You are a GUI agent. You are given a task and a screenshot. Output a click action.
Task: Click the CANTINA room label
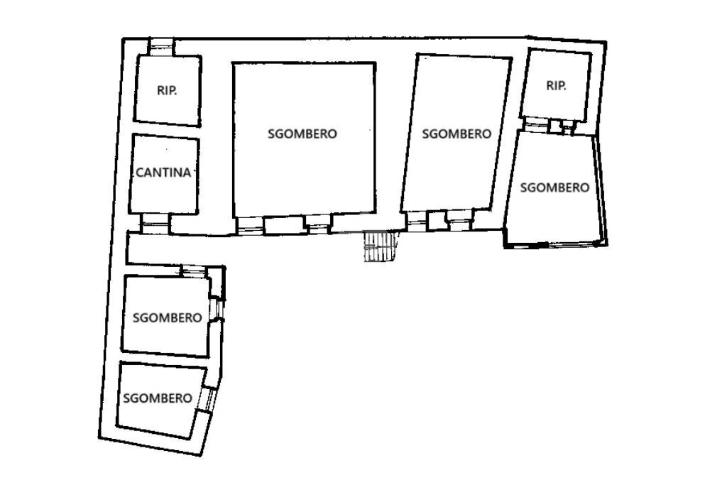[x=163, y=173]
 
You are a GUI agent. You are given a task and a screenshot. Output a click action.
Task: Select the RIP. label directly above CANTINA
[x=167, y=90]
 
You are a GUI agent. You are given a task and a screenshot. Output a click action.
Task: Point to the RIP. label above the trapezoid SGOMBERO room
[x=556, y=86]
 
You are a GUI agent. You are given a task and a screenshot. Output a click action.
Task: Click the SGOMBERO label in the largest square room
[x=302, y=133]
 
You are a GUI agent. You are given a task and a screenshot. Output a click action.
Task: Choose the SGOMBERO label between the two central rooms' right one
[x=457, y=133]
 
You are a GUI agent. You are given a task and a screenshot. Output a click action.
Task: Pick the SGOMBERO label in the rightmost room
[x=554, y=187]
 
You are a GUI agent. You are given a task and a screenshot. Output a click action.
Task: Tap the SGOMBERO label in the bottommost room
[x=158, y=398]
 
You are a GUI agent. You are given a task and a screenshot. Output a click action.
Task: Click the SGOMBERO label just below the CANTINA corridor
[x=168, y=317]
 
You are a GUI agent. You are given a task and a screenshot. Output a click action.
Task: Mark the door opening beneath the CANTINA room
[x=155, y=224]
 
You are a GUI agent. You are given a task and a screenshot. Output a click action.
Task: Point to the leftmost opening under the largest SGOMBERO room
[x=250, y=225]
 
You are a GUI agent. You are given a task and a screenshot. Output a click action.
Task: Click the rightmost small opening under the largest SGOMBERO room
[x=318, y=224]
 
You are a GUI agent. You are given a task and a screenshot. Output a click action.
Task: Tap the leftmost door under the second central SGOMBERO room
[x=417, y=221]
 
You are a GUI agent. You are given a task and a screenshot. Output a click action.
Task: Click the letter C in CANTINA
[x=139, y=173]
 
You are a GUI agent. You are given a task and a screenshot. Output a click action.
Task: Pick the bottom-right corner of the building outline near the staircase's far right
[x=607, y=244]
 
